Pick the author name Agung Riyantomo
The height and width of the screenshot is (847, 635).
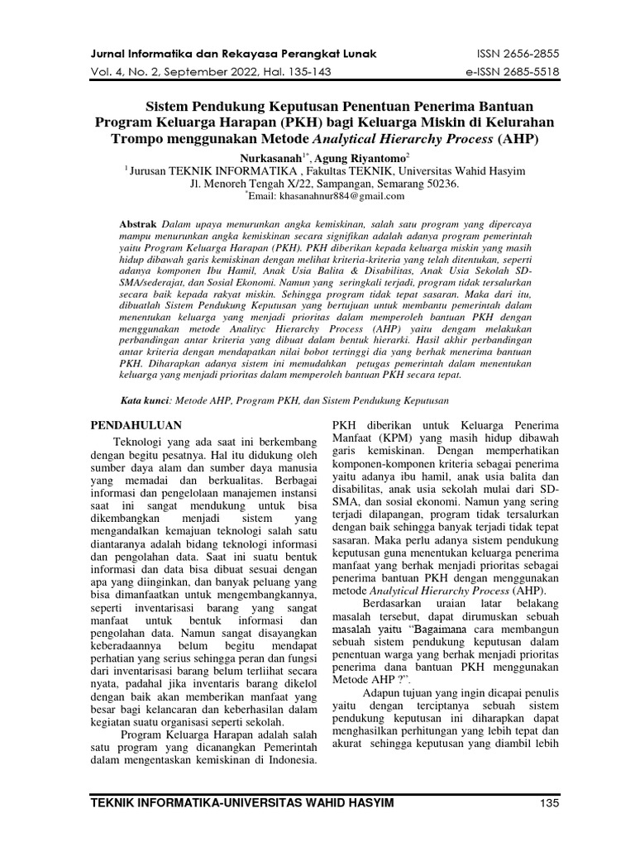pos(341,156)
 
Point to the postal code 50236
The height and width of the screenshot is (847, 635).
pos(439,183)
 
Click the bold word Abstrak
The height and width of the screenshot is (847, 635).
pos(139,224)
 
